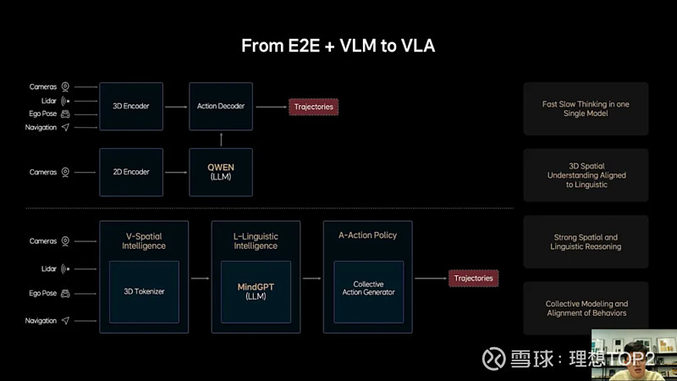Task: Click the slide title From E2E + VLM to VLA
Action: tap(338, 46)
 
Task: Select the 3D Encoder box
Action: tap(130, 107)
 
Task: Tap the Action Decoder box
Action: tap(220, 107)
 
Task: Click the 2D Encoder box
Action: tap(130, 172)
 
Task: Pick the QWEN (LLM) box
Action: tap(220, 172)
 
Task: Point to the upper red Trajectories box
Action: tap(313, 107)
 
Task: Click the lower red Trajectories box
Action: tap(473, 278)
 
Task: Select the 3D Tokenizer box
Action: tap(144, 292)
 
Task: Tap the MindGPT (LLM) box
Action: tap(256, 292)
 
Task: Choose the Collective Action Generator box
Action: tap(367, 292)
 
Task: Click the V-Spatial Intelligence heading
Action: tap(144, 240)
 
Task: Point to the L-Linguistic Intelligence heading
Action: tap(256, 240)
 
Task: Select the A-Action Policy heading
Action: tap(367, 235)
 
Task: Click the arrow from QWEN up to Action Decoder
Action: tap(220, 138)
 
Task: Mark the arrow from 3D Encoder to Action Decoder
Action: tap(175, 107)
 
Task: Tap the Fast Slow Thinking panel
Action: tap(586, 108)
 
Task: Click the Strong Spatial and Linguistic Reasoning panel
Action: tap(586, 241)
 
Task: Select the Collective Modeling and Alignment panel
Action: tap(586, 308)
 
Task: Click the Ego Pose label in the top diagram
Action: tap(43, 113)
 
